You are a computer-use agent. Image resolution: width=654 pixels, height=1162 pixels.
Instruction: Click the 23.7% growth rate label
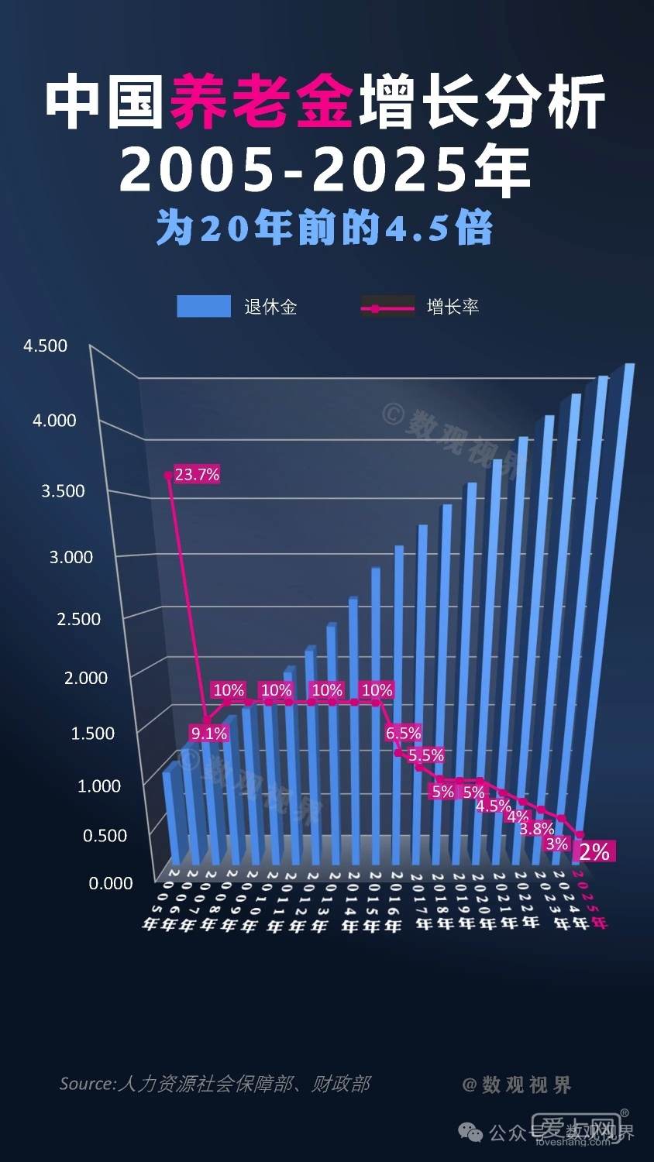point(197,474)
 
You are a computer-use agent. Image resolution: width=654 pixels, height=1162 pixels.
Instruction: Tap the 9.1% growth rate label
point(209,733)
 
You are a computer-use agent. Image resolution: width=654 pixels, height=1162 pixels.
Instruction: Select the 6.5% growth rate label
point(403,733)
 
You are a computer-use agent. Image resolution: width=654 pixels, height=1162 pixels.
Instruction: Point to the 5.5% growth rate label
point(426,755)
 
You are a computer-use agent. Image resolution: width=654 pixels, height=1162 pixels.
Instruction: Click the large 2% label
point(594,851)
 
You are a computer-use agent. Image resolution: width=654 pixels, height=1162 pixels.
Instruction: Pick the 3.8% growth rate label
point(536,828)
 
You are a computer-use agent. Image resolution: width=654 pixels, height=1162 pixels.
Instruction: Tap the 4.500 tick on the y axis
point(46,346)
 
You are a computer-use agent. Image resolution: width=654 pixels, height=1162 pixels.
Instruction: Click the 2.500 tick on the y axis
point(79,619)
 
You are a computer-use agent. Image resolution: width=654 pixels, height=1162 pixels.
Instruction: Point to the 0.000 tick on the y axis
point(111,883)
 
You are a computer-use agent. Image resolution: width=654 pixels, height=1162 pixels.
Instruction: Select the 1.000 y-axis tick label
point(99,786)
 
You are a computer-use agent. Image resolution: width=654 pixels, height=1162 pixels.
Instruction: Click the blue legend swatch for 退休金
point(204,307)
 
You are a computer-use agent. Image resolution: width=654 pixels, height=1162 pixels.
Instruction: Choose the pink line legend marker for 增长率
point(387,308)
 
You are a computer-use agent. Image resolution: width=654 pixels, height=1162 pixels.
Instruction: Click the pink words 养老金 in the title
point(262,102)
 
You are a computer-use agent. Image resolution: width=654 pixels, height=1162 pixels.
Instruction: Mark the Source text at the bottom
point(215,1084)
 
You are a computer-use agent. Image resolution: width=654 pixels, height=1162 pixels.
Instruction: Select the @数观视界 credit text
point(517,1085)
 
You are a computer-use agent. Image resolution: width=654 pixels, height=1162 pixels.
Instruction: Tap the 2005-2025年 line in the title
point(325,170)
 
